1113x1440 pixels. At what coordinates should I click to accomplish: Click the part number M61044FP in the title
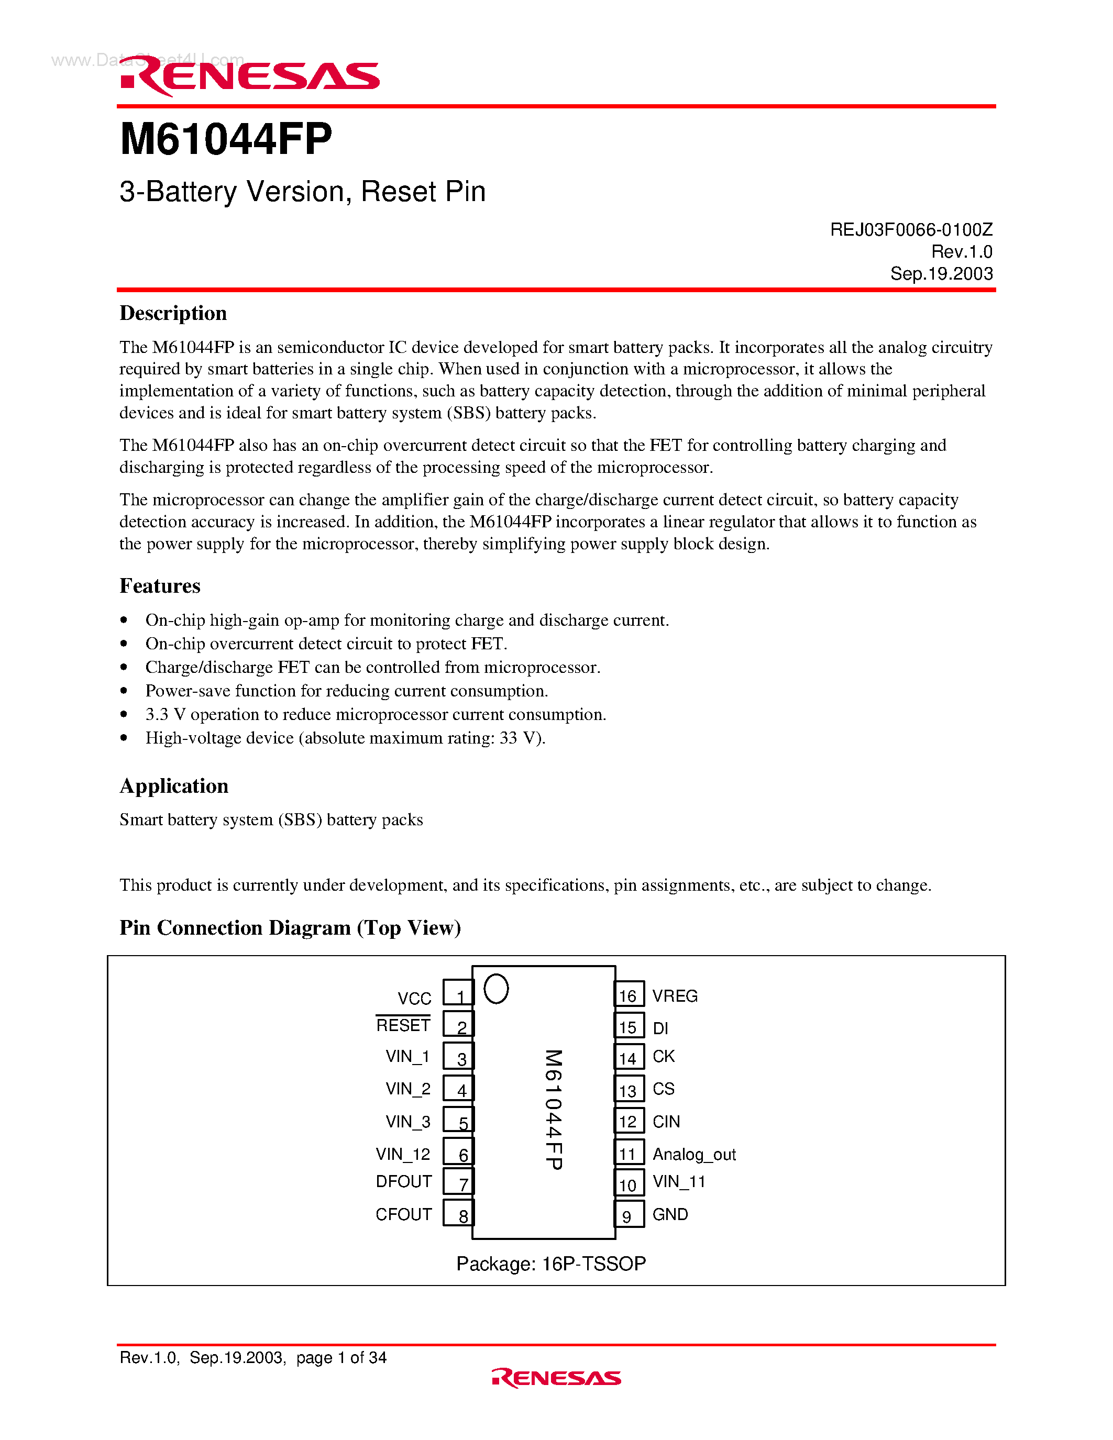pos(226,140)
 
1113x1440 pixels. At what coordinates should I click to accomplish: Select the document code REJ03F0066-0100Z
pos(911,229)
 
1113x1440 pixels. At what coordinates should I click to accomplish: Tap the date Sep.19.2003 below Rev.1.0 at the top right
pos(941,274)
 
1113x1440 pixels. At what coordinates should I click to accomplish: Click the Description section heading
pos(173,313)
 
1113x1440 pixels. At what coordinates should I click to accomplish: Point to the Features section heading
pos(160,586)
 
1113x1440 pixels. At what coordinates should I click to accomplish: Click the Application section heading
pos(174,786)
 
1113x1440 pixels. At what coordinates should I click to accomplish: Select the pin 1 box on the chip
pos(458,993)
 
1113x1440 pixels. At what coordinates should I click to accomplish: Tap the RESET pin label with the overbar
pos(403,1025)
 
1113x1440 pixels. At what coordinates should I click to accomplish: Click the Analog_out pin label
pos(693,1155)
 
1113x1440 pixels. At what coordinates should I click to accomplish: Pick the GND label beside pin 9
pos(670,1214)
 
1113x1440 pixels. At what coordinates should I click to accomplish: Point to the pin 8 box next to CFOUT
pos(458,1213)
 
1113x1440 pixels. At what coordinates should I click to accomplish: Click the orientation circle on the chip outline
pos(496,989)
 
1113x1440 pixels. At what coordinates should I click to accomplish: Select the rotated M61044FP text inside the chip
pos(553,1109)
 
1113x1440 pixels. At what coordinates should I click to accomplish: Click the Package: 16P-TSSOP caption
pos(550,1264)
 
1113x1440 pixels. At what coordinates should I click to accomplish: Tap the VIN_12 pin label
pos(403,1155)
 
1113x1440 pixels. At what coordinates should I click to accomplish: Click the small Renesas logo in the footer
pos(556,1378)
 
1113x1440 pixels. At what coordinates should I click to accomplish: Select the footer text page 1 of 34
pos(341,1358)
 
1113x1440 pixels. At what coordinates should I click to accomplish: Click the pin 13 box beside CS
pos(629,1089)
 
